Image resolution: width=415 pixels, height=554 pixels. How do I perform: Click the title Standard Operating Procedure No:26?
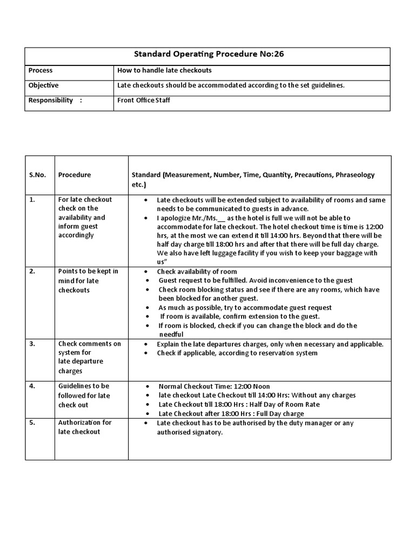coord(207,56)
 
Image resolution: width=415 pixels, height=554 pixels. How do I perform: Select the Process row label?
coord(41,70)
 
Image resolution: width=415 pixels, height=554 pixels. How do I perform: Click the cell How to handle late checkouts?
coord(164,70)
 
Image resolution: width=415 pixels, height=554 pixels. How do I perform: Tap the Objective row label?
coord(44,85)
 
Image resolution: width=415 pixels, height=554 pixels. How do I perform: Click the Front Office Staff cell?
coord(143,100)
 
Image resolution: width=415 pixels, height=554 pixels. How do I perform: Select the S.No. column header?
coord(37,175)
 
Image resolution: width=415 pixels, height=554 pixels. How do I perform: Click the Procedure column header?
coord(75,175)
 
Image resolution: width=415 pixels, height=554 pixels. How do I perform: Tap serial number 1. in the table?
coord(32,200)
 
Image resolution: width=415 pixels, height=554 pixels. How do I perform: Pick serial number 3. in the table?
coord(32,344)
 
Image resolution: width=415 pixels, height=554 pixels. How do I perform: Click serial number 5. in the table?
coord(32,423)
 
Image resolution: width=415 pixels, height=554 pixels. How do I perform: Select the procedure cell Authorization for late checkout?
coord(85,427)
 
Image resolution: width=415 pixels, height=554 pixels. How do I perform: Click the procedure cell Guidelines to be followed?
coord(84,395)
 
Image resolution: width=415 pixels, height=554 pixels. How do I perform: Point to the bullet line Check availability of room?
coord(197,272)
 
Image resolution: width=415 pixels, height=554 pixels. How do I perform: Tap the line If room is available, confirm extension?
coord(240,316)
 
